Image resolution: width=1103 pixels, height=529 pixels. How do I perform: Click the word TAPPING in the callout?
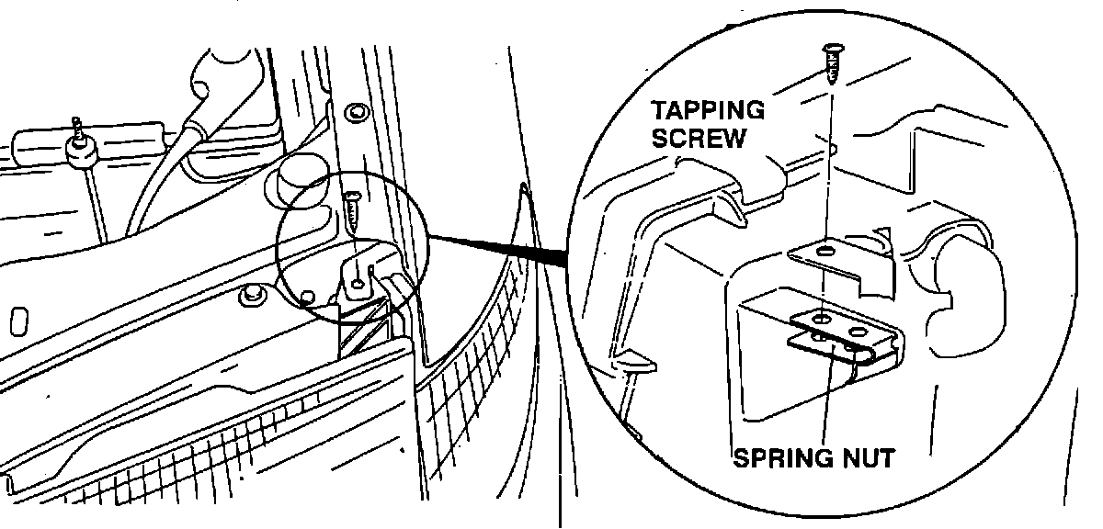[708, 111]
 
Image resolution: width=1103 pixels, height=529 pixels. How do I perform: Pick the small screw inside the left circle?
[354, 214]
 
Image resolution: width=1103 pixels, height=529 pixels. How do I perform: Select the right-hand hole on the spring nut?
[859, 329]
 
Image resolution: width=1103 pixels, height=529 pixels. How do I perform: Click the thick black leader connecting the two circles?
[501, 251]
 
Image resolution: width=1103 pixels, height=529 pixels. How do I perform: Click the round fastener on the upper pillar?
[356, 114]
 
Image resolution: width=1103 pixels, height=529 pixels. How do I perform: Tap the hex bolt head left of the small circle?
[248, 295]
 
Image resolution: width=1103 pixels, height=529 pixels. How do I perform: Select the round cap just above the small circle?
[300, 174]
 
